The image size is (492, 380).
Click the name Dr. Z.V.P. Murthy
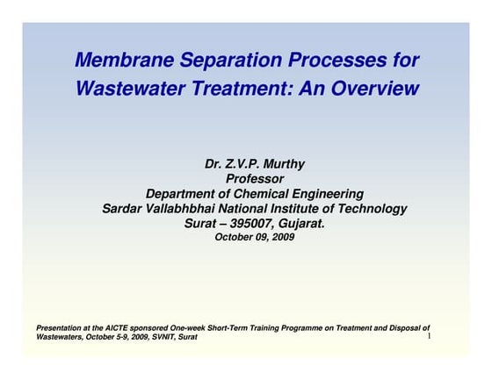coord(255,164)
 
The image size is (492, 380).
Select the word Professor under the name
coord(255,179)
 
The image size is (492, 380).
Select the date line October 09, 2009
coord(255,237)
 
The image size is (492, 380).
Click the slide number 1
coord(428,336)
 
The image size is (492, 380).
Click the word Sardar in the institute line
coord(124,209)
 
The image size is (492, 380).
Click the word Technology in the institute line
coord(373,209)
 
